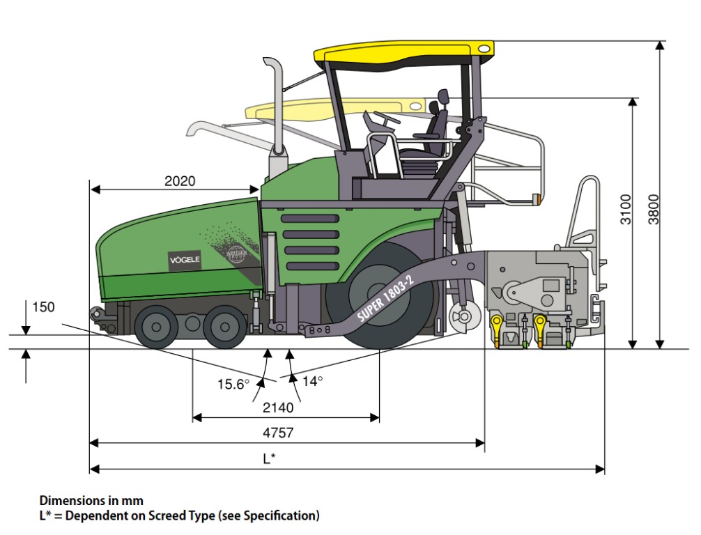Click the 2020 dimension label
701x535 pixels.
click(x=180, y=181)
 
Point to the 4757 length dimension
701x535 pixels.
click(x=278, y=433)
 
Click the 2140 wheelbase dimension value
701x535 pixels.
click(x=278, y=405)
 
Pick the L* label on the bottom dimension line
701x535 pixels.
click(x=269, y=458)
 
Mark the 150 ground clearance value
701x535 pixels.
click(x=43, y=307)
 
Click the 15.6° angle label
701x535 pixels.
click(x=233, y=383)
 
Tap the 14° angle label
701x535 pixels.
click(x=313, y=381)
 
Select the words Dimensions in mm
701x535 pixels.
click(x=91, y=500)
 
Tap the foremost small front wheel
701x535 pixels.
click(x=156, y=325)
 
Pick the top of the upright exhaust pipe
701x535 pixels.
click(x=272, y=63)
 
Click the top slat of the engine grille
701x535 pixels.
click(x=310, y=219)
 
